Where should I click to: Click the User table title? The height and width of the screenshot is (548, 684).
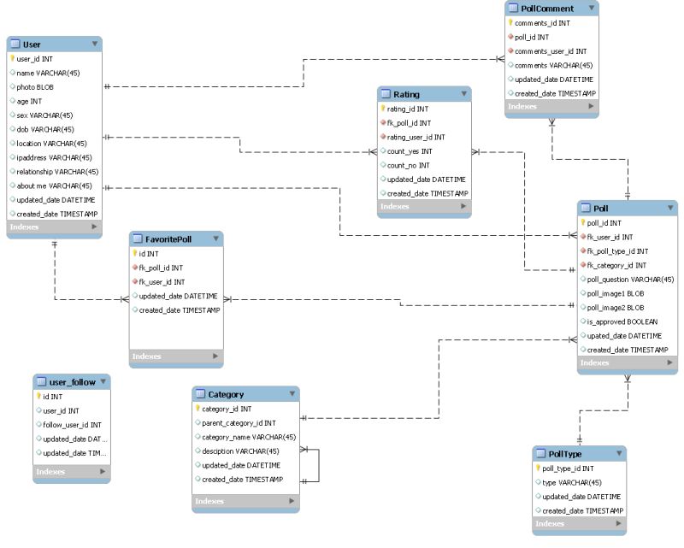[x=32, y=44]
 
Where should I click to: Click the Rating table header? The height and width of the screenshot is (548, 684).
[x=406, y=94]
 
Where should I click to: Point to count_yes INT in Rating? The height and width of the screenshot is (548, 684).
[x=410, y=151]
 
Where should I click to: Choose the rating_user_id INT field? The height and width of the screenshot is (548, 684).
[x=416, y=137]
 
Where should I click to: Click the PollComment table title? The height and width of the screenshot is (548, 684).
[x=547, y=9]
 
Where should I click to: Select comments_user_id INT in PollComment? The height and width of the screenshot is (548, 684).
[x=551, y=51]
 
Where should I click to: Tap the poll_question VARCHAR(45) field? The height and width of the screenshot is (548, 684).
[x=631, y=280]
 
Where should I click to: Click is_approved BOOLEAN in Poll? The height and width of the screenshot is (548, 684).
[x=622, y=321]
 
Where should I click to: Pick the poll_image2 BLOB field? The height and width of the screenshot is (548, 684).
[x=616, y=308]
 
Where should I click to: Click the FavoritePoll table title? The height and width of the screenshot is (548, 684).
[x=168, y=239]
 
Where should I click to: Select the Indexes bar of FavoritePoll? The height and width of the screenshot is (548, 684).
[x=175, y=356]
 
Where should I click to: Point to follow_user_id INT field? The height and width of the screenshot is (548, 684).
[x=72, y=425]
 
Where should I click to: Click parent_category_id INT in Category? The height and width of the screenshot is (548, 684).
[x=239, y=423]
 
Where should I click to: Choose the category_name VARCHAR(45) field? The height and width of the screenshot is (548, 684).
[x=248, y=437]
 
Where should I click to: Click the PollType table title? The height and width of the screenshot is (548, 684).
[x=566, y=453]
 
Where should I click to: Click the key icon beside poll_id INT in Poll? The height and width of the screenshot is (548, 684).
[x=583, y=222]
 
